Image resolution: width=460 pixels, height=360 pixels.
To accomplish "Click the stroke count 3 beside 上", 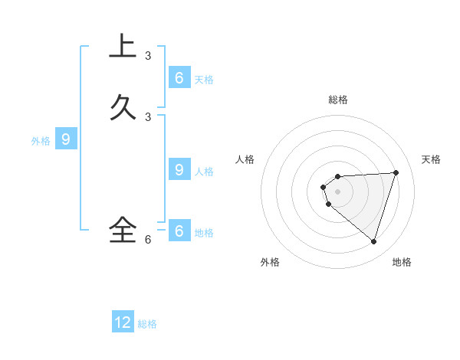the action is coord(148,56).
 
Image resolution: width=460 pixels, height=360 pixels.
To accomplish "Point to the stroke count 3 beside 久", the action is coord(148,117).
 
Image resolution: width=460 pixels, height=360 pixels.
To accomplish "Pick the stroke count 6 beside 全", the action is coord(148,239).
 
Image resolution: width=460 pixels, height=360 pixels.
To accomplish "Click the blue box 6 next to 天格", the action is coord(179,78).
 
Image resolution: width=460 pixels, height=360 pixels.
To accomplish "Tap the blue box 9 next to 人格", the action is coord(179,170).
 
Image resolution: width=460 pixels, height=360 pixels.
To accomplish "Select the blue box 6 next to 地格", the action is coord(179,231).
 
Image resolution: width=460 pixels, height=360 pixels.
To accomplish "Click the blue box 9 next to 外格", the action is coord(66,139).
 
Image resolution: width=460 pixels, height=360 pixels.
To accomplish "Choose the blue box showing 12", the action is coord(123,322).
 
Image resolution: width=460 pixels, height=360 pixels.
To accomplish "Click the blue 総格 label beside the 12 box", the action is coord(147,324).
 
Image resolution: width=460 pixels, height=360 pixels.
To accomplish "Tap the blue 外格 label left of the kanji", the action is coord(41,141).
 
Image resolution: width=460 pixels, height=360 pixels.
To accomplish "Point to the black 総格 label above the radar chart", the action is coord(338,100).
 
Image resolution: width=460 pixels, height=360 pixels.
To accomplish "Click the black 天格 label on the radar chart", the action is coord(432,159).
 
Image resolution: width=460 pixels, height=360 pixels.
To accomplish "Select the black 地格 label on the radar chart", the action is coord(402,262).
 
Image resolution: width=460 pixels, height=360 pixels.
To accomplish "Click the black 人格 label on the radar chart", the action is coord(245,159).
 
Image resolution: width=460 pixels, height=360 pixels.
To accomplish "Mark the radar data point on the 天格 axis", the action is coord(396,172).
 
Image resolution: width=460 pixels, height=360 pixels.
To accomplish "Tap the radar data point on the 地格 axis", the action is coord(373,241).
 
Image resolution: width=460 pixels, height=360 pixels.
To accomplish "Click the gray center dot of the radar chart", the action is coord(337,191).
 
